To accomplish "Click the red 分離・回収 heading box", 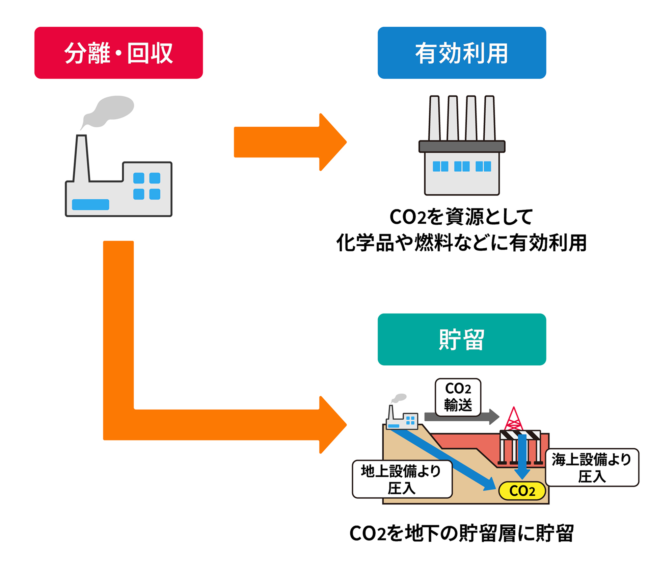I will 118,53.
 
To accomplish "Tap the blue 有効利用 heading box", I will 461,53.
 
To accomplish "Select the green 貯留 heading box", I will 461,339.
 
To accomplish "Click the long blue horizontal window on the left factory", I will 90,204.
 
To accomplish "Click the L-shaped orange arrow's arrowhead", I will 332,425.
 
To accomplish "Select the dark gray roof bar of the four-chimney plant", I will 462,147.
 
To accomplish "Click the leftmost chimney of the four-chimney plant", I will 434,118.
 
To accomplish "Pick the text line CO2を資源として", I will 461,217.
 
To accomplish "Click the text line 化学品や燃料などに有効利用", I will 461,243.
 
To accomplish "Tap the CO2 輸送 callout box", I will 458,397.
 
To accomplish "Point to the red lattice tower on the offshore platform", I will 513,420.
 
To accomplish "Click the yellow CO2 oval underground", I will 522,491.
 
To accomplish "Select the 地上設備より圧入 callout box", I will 402,479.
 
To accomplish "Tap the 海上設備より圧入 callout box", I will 592,468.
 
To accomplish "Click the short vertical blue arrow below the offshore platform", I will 522,456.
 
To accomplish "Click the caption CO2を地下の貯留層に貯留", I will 461,534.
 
